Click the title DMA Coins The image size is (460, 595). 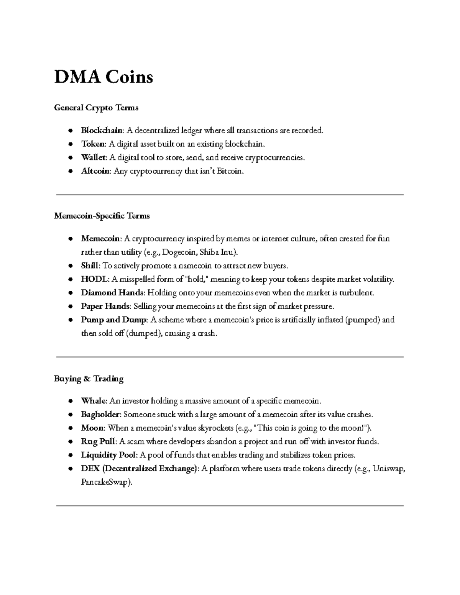103,77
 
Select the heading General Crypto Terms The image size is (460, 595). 96,108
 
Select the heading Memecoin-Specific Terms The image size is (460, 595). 102,216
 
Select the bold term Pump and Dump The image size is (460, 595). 114,320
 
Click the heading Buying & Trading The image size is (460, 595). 89,379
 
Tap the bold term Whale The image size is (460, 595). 94,401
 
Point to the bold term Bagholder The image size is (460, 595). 101,415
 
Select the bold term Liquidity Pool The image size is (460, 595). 108,455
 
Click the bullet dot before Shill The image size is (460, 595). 71,266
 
